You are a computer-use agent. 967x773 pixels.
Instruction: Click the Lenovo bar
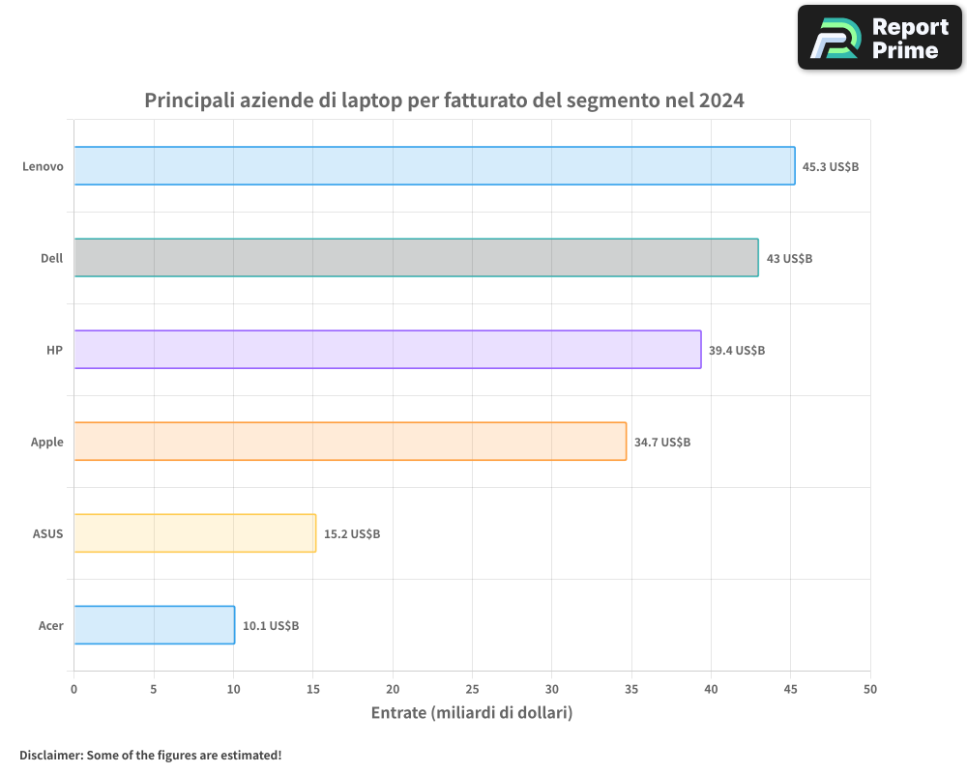434,166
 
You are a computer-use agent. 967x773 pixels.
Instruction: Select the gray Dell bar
416,258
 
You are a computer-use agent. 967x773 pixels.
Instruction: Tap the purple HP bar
387,350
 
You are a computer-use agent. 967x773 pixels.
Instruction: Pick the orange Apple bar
350,442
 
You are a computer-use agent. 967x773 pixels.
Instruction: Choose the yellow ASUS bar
194,533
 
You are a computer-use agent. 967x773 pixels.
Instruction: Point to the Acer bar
154,625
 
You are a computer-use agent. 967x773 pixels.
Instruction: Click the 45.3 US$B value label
831,167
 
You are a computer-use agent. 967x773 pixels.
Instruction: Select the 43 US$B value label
789,259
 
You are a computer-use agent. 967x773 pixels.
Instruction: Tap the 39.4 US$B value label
737,351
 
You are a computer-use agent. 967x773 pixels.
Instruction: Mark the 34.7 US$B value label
662,443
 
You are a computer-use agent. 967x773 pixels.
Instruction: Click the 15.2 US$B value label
352,534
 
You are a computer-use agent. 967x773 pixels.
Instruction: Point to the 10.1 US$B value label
271,626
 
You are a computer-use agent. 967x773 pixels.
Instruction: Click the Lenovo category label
44,167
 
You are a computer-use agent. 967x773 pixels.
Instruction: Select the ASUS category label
47,534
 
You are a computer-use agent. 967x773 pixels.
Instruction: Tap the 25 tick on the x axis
472,689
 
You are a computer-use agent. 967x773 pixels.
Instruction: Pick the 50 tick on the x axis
870,689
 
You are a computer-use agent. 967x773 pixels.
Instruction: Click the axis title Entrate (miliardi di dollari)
472,713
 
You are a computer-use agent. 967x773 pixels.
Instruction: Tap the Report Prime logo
880,38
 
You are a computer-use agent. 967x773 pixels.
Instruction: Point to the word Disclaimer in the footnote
49,755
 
